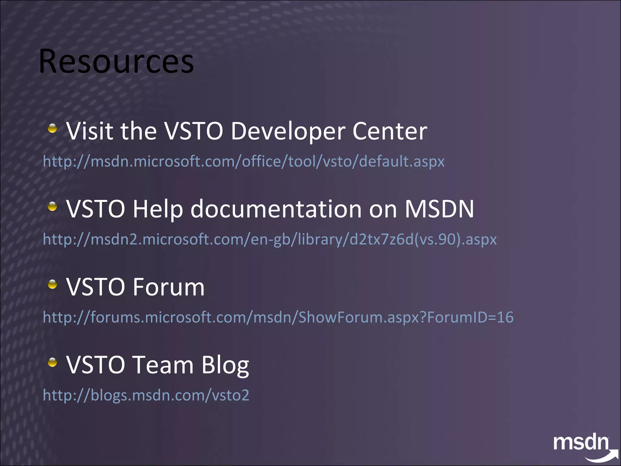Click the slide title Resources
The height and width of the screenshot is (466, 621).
116,62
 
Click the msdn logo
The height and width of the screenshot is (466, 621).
581,444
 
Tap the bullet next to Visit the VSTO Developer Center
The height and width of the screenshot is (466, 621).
52,128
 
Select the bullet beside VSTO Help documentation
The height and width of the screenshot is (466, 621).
52,207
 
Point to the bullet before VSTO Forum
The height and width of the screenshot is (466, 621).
52,284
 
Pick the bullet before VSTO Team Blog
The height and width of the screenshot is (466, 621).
52,362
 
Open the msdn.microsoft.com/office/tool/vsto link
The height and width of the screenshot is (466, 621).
243,161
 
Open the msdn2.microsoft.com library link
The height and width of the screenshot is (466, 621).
270,239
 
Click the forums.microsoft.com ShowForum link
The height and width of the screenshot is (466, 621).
278,317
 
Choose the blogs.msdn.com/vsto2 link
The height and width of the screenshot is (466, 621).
146,395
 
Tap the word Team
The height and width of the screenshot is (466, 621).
163,365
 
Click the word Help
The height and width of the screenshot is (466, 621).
158,209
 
